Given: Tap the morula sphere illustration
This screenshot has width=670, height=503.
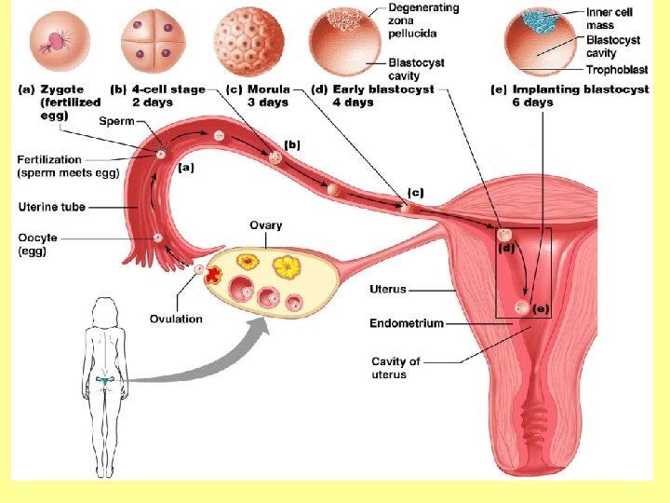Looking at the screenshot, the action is [248, 41].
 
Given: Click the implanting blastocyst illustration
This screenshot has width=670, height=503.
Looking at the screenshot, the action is [542, 43].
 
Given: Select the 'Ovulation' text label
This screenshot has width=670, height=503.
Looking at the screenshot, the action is [176, 319].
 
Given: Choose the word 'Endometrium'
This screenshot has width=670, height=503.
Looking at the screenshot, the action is [406, 323].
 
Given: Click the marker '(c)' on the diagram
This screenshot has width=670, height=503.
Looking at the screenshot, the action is [415, 192].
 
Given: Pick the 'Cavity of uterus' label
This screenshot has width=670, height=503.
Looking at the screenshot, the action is [395, 368].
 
